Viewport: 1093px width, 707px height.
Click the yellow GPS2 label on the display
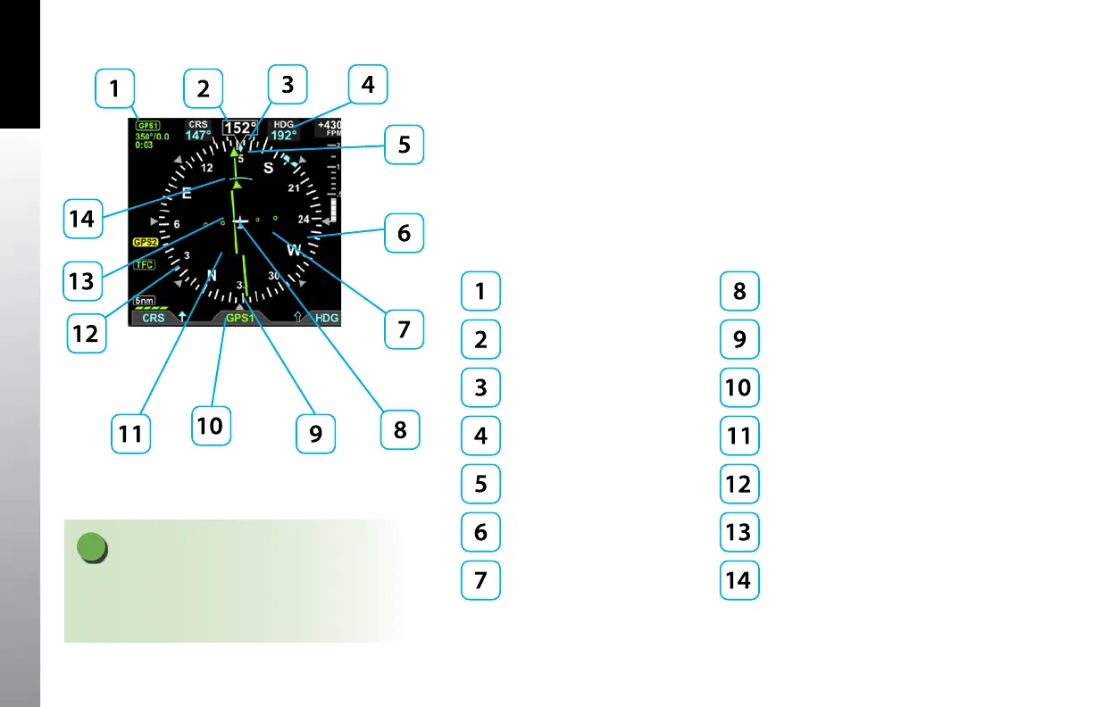144,242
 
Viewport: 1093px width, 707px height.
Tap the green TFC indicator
143,265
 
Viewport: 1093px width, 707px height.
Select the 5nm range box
145,301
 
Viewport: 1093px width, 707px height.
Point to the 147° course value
197,137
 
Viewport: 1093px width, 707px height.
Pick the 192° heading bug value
284,137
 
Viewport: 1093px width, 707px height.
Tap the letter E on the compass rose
187,193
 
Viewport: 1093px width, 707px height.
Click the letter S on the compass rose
267,167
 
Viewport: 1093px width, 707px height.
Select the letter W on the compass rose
294,251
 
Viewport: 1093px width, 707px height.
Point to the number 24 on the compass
304,219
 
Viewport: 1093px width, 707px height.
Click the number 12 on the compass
206,168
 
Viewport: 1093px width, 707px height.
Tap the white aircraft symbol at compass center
240,220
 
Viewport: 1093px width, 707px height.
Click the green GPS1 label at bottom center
239,318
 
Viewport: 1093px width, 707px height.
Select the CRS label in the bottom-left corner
154,318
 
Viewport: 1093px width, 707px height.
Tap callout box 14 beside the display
82,218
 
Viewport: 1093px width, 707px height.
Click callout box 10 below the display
210,425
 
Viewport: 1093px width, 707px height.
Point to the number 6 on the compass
177,224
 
